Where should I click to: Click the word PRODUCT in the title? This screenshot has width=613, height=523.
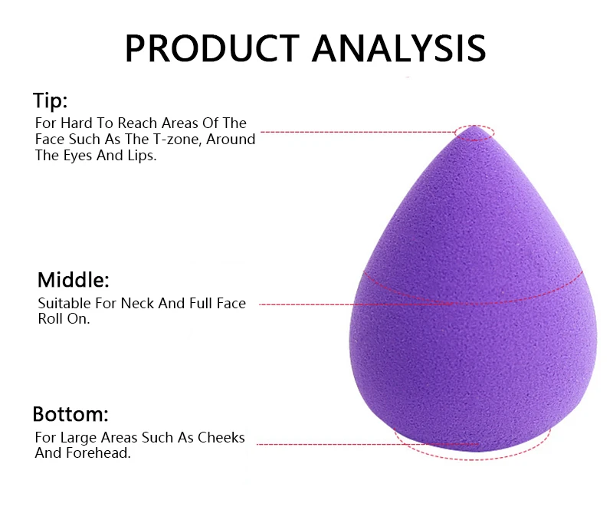point(212,48)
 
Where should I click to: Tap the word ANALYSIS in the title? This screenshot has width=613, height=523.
point(398,48)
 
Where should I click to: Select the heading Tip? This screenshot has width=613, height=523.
point(50,100)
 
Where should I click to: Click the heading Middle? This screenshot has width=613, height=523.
point(74,280)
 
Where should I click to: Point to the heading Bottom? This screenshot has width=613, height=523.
point(70,414)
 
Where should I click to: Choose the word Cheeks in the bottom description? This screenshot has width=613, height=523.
point(221,437)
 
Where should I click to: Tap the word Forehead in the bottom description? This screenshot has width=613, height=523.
point(98,453)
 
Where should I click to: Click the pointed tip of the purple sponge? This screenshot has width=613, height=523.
point(474,127)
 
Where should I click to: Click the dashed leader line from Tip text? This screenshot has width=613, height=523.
point(358,132)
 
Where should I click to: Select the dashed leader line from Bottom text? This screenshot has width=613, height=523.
point(368,444)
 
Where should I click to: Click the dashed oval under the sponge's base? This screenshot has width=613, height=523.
point(472,459)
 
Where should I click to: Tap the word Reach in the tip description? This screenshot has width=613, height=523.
point(139,123)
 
